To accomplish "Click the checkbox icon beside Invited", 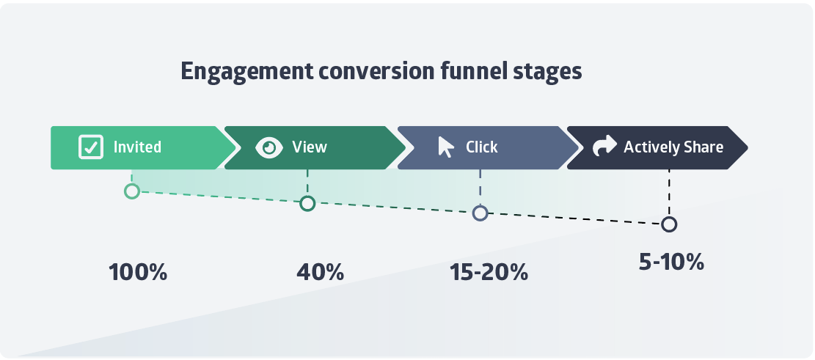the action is coord(91,147).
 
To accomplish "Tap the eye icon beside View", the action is coord(269,147).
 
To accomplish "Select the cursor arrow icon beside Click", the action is coord(445,147).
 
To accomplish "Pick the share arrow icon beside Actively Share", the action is coord(604,147).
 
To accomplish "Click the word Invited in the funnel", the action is coord(137,147).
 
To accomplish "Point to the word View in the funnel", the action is coord(310,147).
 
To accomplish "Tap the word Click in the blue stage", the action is coord(482,147).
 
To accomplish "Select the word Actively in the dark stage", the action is coord(650,147).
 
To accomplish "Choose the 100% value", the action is coord(138,272).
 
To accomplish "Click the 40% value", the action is coord(320,272).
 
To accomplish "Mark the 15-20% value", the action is coord(489,272).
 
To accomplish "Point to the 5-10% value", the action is coord(671,262).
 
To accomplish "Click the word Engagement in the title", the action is coord(247,72).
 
